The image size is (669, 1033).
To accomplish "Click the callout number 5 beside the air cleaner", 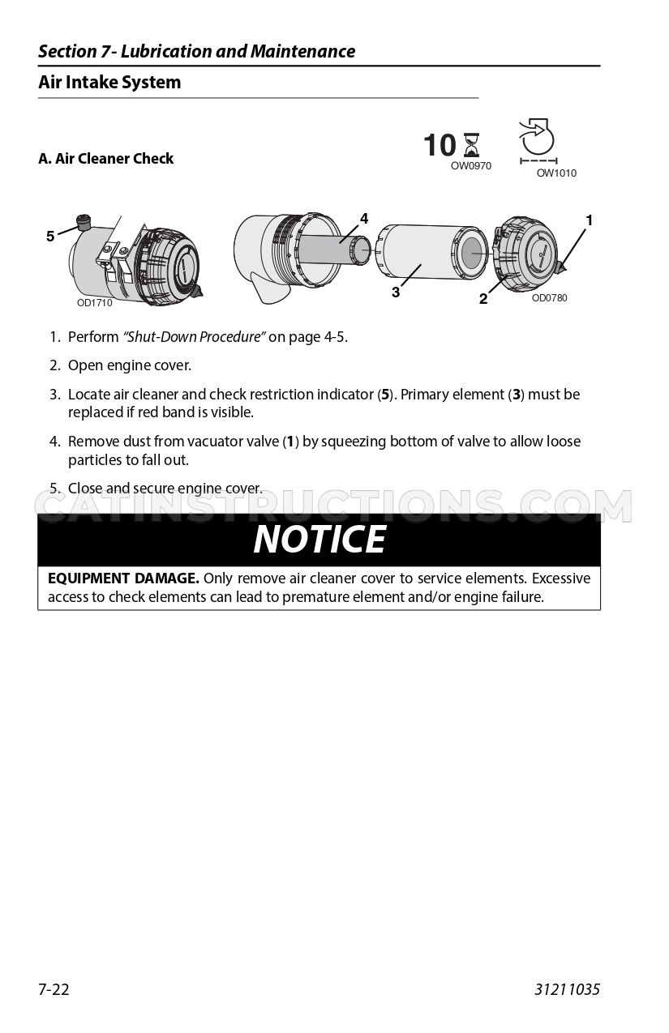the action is (50, 237).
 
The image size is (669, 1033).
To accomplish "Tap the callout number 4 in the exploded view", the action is (364, 219).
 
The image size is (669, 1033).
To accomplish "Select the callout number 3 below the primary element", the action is (396, 292).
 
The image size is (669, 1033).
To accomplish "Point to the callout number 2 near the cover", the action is (483, 299).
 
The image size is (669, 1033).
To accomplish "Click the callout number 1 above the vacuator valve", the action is (590, 220).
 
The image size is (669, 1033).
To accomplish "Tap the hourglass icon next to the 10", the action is (471, 145).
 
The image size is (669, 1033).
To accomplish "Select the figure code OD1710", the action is (95, 302).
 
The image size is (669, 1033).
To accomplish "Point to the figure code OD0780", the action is (550, 298).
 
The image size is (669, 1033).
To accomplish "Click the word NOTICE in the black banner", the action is (319, 540).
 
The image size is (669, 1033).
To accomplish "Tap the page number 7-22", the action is (54, 989).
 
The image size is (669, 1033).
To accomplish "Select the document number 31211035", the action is (567, 989).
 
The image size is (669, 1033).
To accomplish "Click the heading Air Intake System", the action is (109, 83).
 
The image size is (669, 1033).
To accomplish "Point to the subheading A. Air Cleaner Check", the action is (105, 159).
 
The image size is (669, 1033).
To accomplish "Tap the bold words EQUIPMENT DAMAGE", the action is (123, 578).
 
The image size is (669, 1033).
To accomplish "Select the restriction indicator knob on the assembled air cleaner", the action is (84, 222).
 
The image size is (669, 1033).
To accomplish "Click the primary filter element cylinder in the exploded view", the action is (431, 253).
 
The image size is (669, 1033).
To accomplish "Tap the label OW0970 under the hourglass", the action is (471, 166).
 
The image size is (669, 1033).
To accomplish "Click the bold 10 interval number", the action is (440, 145).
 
